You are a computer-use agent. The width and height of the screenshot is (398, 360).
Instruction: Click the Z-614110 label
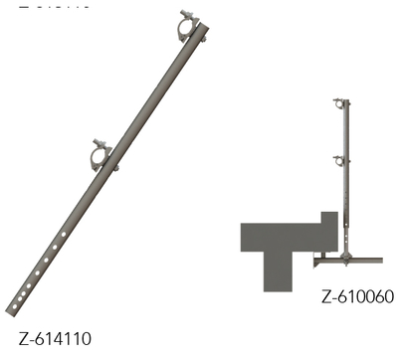(63, 339)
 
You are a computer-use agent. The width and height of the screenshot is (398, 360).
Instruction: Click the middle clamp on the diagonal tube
(102, 156)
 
